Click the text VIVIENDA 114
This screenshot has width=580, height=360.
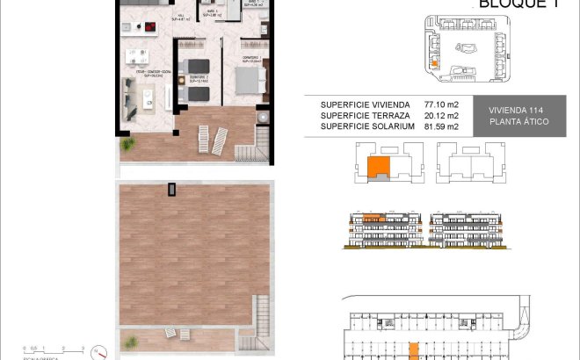coord(518,110)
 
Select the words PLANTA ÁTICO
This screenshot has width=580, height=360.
coord(518,121)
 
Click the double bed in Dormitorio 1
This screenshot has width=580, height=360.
coord(249,78)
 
